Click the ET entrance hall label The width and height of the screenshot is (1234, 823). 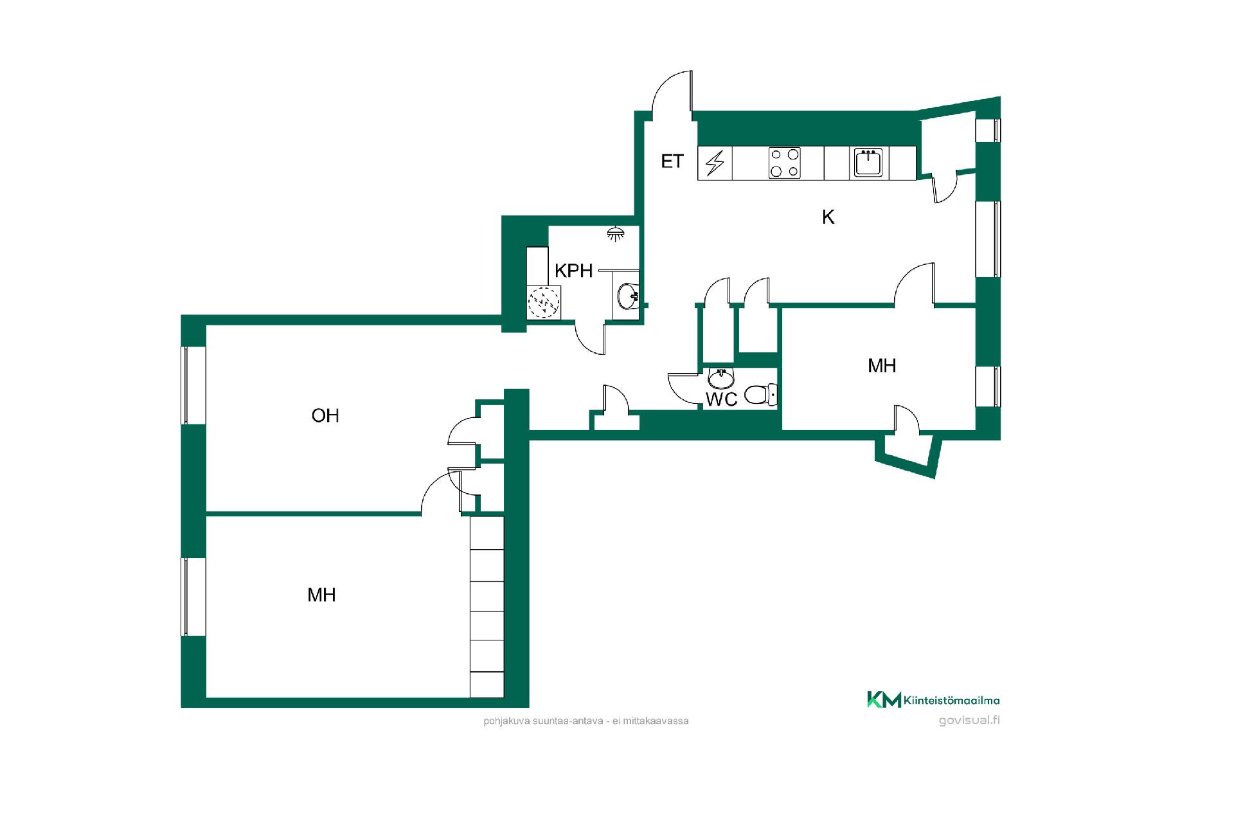click(672, 161)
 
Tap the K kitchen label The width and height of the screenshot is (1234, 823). click(828, 217)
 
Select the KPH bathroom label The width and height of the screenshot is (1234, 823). click(573, 271)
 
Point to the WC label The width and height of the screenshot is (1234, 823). click(721, 399)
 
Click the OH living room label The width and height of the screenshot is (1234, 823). click(325, 416)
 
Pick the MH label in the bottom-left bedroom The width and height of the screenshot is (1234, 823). click(321, 595)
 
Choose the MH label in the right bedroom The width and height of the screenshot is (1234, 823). click(882, 366)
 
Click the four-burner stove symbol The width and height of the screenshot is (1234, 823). click(785, 163)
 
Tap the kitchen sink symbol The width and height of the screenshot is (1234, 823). click(869, 163)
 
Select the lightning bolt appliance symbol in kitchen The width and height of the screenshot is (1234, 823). click(715, 163)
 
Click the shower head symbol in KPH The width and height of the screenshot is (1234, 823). click(616, 234)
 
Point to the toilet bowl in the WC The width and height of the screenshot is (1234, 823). click(762, 394)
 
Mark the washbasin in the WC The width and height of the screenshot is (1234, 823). click(721, 379)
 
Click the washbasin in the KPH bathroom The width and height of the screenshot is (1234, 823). click(627, 296)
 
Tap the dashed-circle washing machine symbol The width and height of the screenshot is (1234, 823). click(544, 303)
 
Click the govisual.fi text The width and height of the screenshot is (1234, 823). click(969, 720)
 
